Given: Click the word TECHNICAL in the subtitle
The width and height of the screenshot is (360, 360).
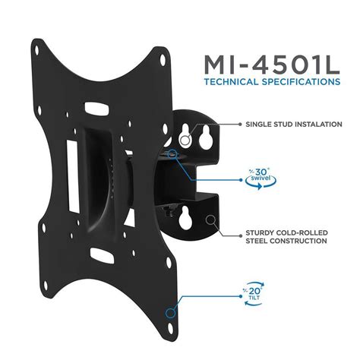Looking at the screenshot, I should tap(229, 81).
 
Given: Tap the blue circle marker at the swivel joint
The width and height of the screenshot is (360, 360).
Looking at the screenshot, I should tap(174, 153).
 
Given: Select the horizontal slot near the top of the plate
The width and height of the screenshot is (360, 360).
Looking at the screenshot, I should tap(97, 108).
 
